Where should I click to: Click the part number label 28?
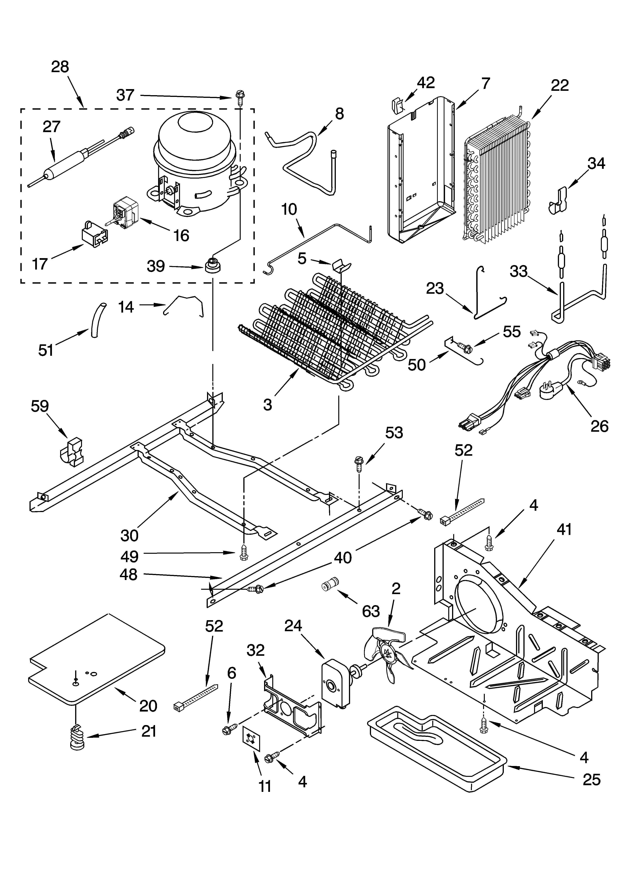(60, 67)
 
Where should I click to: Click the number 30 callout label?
(129, 536)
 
